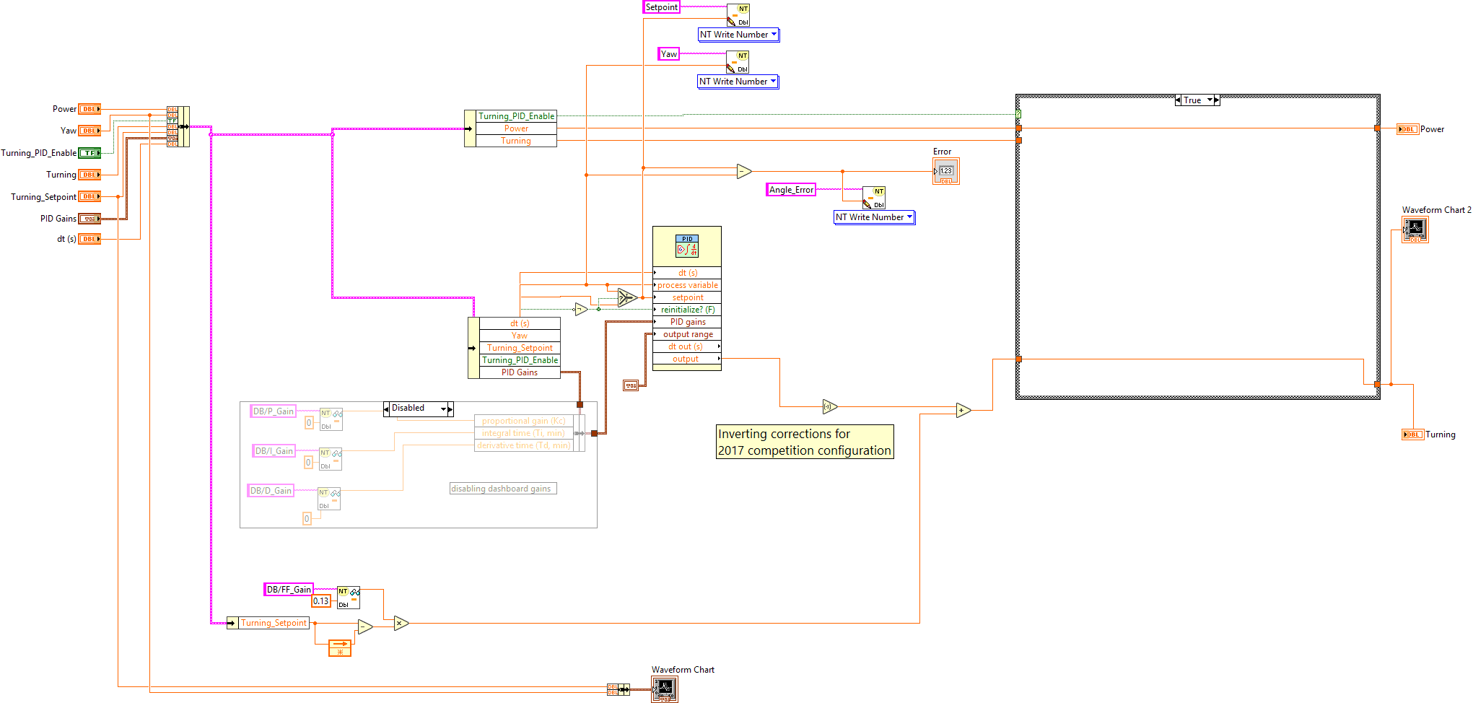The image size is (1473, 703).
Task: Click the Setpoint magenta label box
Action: pos(661,7)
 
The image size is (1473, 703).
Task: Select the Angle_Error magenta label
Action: pos(791,190)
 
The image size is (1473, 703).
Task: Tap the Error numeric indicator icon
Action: pos(945,171)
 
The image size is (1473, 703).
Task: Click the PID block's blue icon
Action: pos(686,246)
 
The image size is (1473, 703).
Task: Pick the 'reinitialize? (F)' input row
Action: pos(687,310)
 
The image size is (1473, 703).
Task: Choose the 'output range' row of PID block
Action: pos(687,334)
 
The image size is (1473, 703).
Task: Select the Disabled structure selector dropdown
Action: pos(419,409)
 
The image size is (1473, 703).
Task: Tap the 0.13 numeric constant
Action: pos(321,601)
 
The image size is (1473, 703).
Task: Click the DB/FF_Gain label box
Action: pos(289,590)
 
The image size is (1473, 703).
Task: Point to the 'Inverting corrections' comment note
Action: pos(804,442)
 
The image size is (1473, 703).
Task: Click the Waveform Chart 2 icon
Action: pos(1415,230)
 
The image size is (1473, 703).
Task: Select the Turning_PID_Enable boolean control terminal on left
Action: pos(89,153)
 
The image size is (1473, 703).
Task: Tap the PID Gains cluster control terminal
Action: pos(89,219)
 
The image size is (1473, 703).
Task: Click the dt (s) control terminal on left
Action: pos(89,239)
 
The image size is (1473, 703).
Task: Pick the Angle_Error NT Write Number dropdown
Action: pos(874,217)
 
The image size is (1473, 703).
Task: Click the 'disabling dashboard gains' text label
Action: pos(502,489)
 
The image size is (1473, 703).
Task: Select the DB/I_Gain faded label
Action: pos(274,451)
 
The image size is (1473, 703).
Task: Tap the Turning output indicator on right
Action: pos(1412,435)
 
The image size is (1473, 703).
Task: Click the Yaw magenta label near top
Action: pos(668,54)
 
